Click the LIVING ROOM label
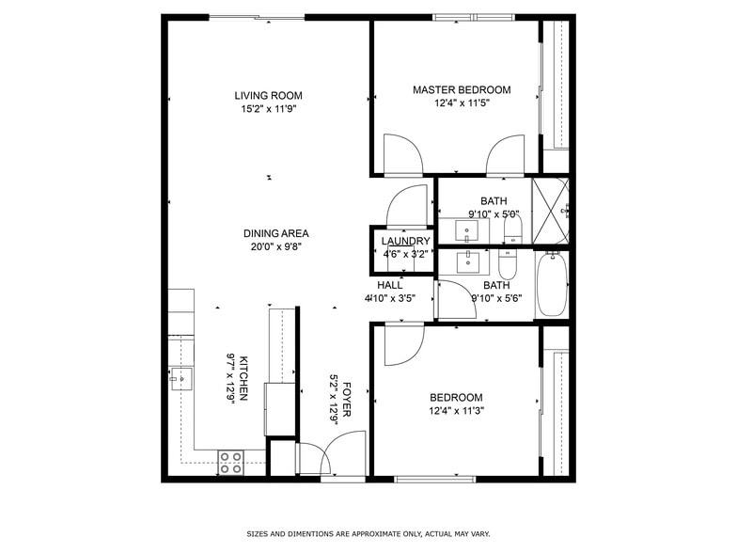click(268, 95)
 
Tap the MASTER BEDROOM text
click(462, 90)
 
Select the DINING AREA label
click(275, 233)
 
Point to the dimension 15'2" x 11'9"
click(268, 108)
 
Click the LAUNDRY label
click(405, 241)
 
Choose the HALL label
click(390, 285)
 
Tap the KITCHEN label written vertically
click(243, 378)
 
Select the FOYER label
click(347, 399)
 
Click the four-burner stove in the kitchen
click(230, 461)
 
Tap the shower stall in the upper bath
click(551, 211)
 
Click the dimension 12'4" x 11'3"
click(456, 411)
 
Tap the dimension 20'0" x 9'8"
click(275, 246)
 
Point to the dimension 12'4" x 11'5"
click(462, 103)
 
